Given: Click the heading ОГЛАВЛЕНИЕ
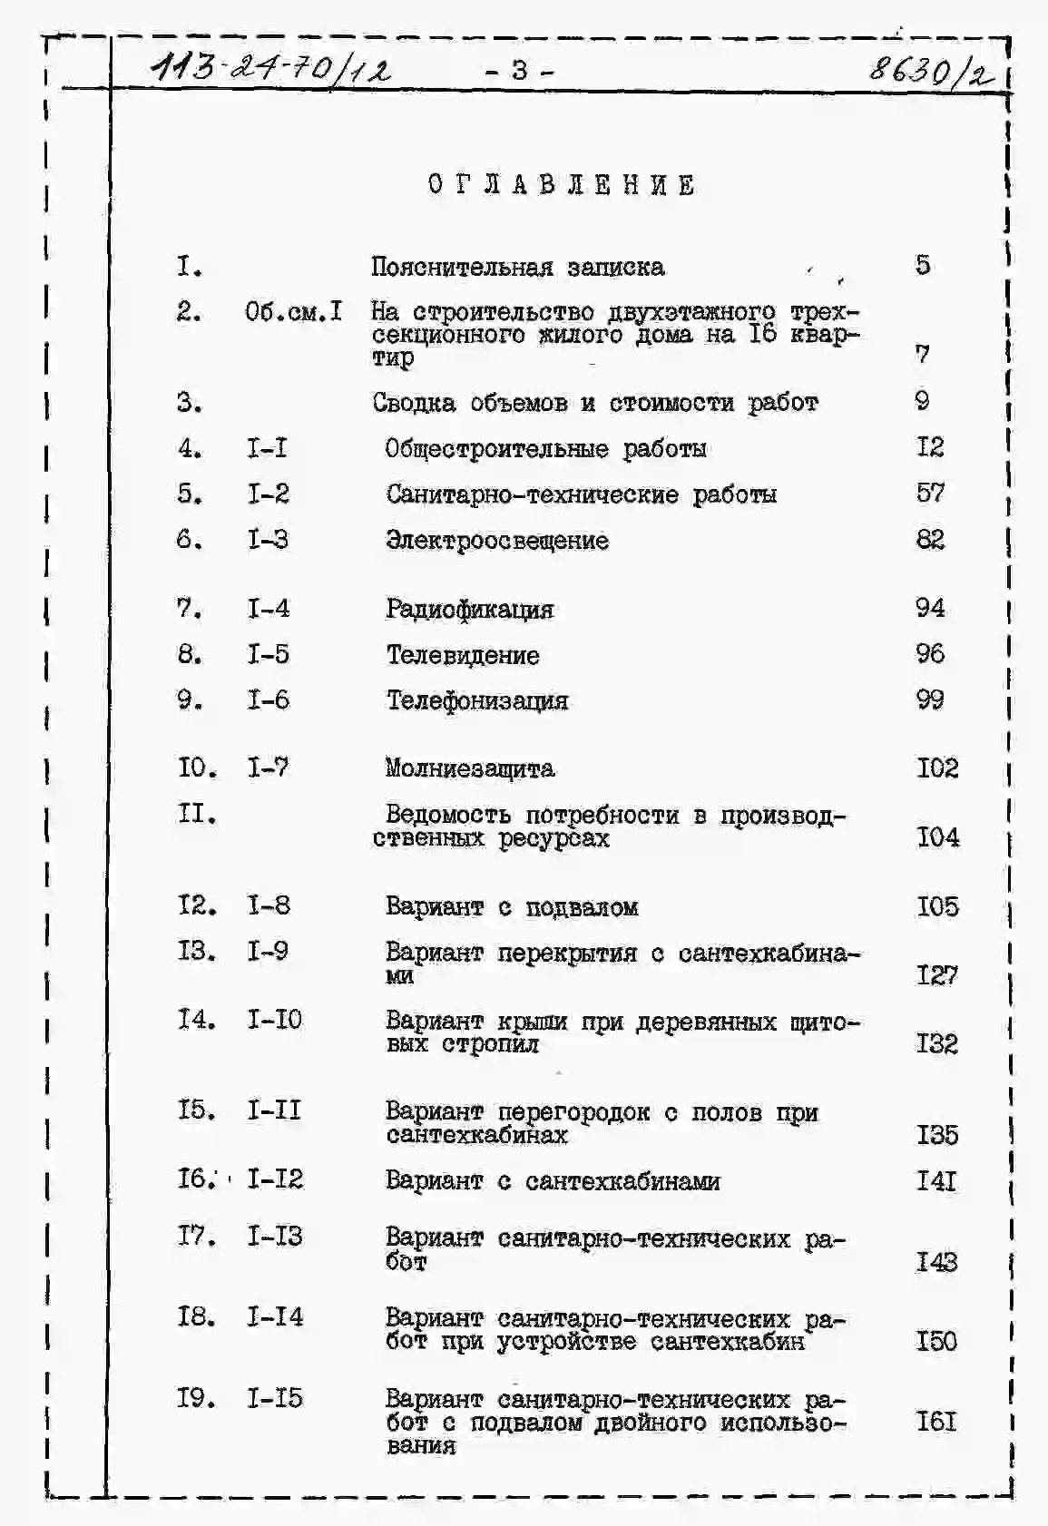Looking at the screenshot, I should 562,185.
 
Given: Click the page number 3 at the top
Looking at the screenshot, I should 519,70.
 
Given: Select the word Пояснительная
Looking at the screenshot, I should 462,267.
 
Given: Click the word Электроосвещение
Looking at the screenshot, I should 497,541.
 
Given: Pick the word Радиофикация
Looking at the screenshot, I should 469,609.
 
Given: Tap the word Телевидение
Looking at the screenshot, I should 463,655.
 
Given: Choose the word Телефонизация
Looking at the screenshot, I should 477,700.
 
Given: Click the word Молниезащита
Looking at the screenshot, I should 469,768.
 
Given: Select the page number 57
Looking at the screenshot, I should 930,493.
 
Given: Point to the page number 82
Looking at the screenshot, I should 930,540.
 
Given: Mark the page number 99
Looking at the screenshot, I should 930,699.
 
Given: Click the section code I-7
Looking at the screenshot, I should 269,768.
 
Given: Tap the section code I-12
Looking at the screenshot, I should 275,1179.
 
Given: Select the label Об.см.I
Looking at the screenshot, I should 293,312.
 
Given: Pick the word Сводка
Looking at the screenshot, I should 414,403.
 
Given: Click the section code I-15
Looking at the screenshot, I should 275,1398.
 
